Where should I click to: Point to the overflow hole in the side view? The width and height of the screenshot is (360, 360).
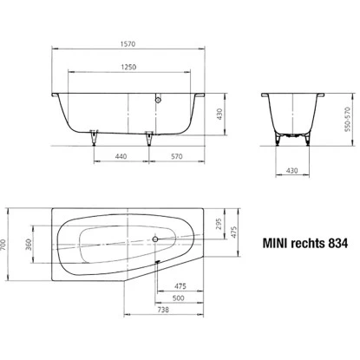tap(158, 99)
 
